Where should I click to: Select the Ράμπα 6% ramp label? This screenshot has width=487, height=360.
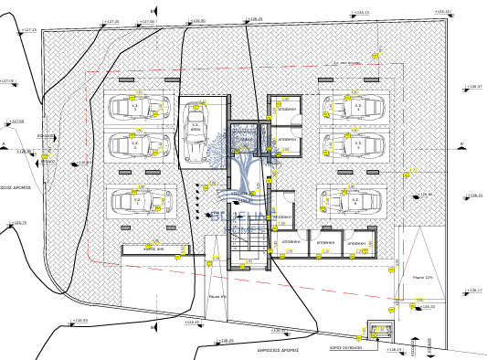click(217, 296)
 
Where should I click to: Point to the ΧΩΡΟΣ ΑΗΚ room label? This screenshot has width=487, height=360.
click(154, 248)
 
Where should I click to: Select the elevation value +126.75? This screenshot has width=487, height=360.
click(19, 222)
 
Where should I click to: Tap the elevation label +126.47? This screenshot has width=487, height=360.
click(473, 87)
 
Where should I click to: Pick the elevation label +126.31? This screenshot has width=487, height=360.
click(473, 196)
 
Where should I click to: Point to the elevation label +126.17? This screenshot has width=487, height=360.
click(473, 291)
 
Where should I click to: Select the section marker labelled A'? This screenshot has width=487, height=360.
click(462, 145)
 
